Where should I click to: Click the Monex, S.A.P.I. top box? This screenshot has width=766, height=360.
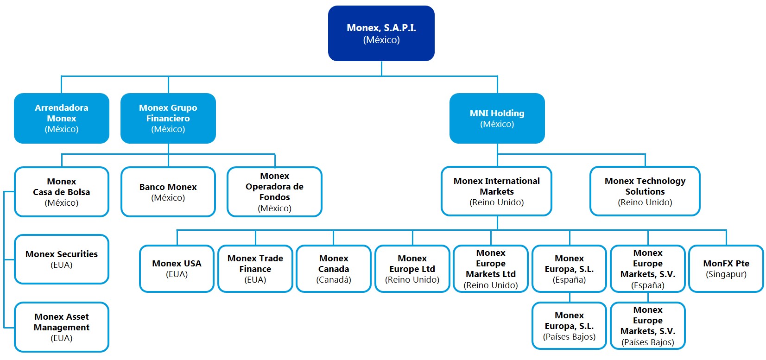381,33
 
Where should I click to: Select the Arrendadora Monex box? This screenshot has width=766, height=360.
62,118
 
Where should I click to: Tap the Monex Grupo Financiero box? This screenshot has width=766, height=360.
168,118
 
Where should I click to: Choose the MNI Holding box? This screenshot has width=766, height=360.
497,118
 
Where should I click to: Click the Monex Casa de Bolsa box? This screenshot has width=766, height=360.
62,192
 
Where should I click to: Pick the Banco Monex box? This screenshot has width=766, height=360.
168,192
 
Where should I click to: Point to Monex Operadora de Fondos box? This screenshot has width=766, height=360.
274,192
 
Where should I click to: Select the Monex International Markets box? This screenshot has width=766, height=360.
496,191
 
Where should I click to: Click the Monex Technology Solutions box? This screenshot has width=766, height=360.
645,191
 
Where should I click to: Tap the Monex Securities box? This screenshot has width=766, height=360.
62,259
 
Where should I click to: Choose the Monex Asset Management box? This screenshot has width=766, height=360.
62,327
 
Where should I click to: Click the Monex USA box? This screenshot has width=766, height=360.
177,269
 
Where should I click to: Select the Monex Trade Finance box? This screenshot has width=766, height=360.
255,269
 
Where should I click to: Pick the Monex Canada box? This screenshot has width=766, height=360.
334,269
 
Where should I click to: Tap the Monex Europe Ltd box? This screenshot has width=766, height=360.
412,269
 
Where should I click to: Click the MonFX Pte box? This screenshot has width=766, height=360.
726,269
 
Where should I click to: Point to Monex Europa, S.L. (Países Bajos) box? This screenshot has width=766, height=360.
569,326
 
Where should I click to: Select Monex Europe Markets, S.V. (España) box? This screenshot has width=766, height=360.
647,269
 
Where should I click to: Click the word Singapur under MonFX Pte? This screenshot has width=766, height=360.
726,274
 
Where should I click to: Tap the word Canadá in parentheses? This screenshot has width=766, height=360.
334,280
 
